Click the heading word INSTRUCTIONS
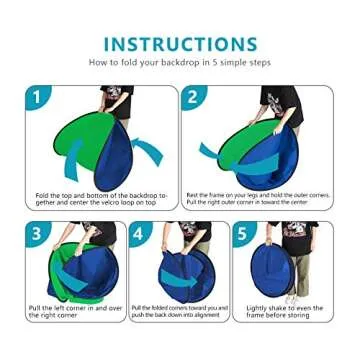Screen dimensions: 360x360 [180, 43]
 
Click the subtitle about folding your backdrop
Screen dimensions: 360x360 [180, 63]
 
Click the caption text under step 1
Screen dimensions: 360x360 [100, 198]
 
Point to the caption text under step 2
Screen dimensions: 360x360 [257, 198]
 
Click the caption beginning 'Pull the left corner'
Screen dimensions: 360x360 [74, 311]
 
